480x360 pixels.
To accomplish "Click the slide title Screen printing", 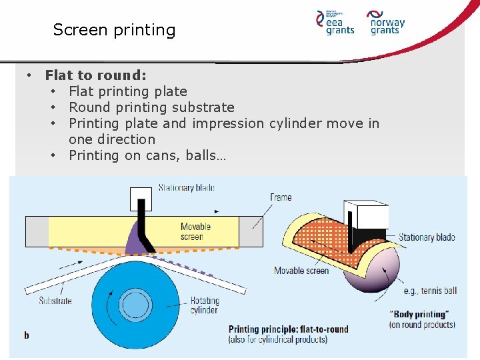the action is click(x=114, y=30).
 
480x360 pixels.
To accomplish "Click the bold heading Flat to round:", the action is click(x=96, y=75).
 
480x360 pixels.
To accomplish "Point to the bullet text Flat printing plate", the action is click(x=128, y=91).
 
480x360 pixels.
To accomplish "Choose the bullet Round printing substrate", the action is click(x=151, y=107).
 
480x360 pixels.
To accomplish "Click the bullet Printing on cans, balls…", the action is click(x=147, y=155).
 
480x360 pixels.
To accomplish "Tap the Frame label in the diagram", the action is click(x=281, y=197).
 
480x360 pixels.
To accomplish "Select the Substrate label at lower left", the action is click(x=55, y=301).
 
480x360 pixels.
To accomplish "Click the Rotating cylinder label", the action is click(x=204, y=305).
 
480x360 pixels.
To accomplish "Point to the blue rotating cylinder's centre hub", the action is click(x=135, y=305).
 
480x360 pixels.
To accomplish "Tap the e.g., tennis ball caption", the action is click(x=431, y=291).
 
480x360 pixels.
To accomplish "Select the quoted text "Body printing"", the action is click(x=422, y=315).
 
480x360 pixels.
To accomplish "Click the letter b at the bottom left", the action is click(x=27, y=335).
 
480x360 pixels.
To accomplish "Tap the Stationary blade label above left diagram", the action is click(x=186, y=188).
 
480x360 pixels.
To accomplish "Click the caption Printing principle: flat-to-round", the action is click(x=288, y=329).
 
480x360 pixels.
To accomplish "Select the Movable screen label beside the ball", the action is click(x=302, y=271).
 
